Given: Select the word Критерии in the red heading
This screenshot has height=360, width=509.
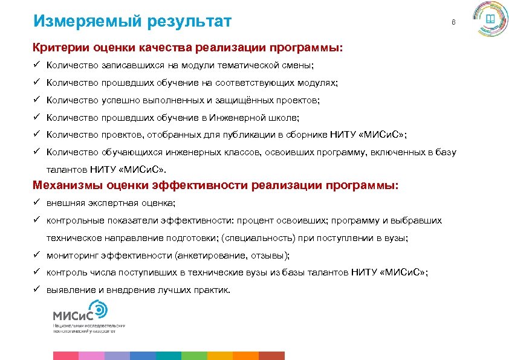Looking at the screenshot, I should coord(58,47).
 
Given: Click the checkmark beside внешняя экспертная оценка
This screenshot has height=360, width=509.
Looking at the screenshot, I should coord(36,204).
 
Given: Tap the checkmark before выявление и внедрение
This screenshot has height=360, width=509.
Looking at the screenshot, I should coord(36,290).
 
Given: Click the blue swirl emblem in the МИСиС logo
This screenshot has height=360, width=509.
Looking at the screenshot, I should coord(99,310).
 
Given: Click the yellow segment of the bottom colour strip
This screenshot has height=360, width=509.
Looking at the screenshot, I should coord(220,356).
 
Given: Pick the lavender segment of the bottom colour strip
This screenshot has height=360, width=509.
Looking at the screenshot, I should coord(117,356).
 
